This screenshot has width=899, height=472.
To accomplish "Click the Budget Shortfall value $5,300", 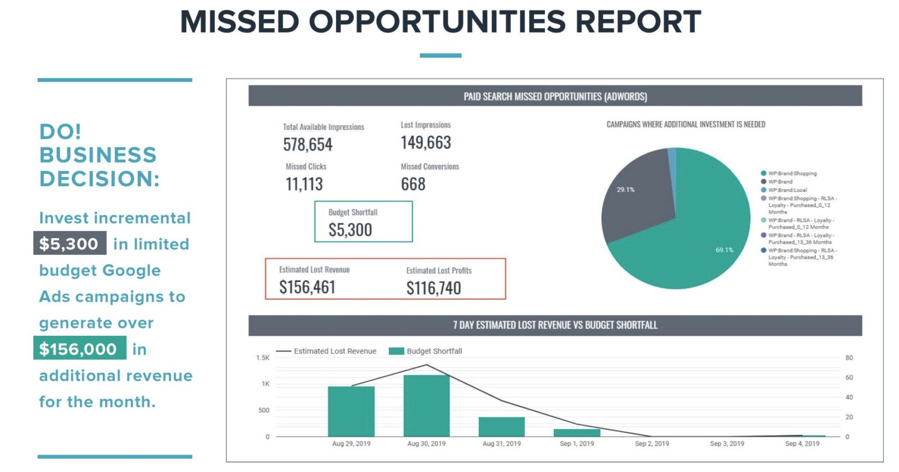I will tap(350, 230).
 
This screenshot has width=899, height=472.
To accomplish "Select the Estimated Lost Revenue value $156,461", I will tap(307, 287).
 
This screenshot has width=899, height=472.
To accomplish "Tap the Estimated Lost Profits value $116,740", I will tap(433, 288).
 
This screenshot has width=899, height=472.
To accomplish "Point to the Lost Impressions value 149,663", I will tap(425, 142).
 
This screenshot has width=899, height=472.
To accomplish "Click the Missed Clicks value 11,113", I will tap(304, 184).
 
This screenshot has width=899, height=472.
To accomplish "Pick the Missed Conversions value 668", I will tap(413, 184).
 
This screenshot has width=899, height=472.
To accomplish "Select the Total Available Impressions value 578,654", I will tap(307, 145).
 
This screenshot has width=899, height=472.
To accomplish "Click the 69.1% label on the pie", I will tap(724, 250).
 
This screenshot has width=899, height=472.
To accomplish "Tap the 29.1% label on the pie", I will tap(625, 190).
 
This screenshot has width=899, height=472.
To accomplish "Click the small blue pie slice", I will tap(672, 155).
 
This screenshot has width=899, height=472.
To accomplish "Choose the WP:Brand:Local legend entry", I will tap(787, 190).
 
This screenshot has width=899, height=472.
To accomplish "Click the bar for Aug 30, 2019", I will tap(426, 405).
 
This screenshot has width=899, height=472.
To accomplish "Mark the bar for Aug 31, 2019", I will tap(501, 426).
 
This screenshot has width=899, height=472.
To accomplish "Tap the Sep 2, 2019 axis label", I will tap(652, 443).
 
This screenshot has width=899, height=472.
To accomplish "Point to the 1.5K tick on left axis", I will tap(263, 358).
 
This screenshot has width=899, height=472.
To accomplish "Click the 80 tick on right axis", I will tap(848, 358).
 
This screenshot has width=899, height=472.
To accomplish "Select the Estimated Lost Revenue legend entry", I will tap(334, 351).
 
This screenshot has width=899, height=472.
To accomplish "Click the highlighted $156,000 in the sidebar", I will tap(79, 349).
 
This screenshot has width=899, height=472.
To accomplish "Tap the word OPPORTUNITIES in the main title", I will tap(437, 22).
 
